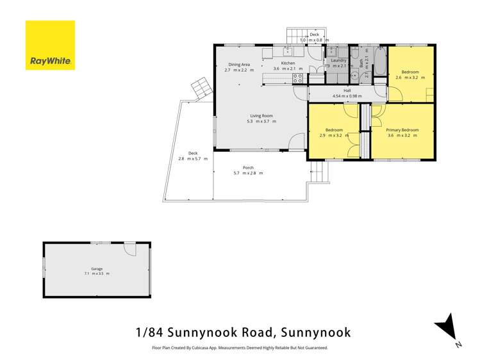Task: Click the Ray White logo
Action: click(x=50, y=45)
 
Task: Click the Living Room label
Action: click(x=261, y=115)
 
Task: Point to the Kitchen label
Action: click(x=288, y=63)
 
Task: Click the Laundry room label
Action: click(x=339, y=60)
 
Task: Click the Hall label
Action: click(x=347, y=91)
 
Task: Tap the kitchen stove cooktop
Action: click(x=298, y=79)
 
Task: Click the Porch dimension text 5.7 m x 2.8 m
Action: click(x=248, y=173)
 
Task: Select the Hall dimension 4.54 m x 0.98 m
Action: click(x=347, y=97)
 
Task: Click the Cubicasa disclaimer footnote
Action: click(x=239, y=348)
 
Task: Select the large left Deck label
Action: click(x=193, y=152)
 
